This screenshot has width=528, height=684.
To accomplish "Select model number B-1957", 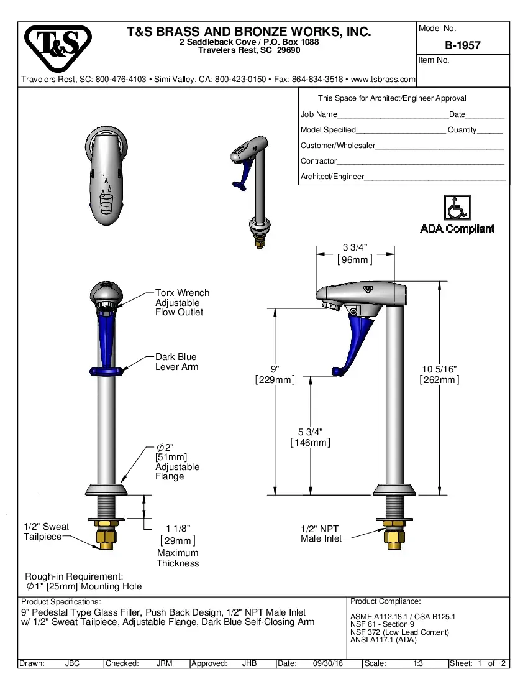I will point(462,45).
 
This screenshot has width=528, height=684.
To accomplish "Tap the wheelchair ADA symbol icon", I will point(457,207).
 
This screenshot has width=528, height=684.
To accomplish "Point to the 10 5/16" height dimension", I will point(439,369).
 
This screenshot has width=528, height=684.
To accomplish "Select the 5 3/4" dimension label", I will point(311,432).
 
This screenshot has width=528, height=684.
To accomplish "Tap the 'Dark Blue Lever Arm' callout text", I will point(176,362).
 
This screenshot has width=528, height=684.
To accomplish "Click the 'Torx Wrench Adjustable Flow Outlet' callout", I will point(182,302).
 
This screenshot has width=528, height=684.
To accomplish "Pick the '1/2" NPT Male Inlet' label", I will point(321,534).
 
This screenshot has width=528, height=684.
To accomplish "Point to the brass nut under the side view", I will point(394,536).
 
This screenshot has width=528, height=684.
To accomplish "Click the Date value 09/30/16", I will point(329,663).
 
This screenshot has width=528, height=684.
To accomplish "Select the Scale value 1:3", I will point(418,663).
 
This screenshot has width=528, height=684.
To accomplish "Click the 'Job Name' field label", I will point(319,114).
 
